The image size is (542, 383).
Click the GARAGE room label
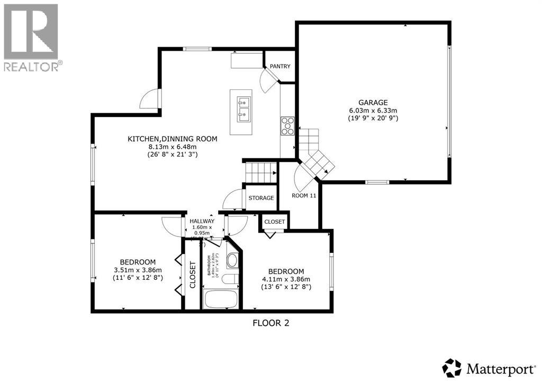[x=373, y=102]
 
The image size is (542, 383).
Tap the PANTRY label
[x=279, y=66]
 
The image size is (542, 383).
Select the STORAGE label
[x=261, y=198]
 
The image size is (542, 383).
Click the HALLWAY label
[x=202, y=221]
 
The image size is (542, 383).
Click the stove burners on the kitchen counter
[x=287, y=126]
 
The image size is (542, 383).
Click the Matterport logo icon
[x=451, y=367]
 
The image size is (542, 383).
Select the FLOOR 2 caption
[x=271, y=322]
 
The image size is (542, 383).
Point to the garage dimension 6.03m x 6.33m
[x=373, y=110]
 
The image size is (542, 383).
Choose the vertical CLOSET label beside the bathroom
[x=192, y=275]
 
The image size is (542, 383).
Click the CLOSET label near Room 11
[x=274, y=222]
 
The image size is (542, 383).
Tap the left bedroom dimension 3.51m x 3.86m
[x=138, y=270]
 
